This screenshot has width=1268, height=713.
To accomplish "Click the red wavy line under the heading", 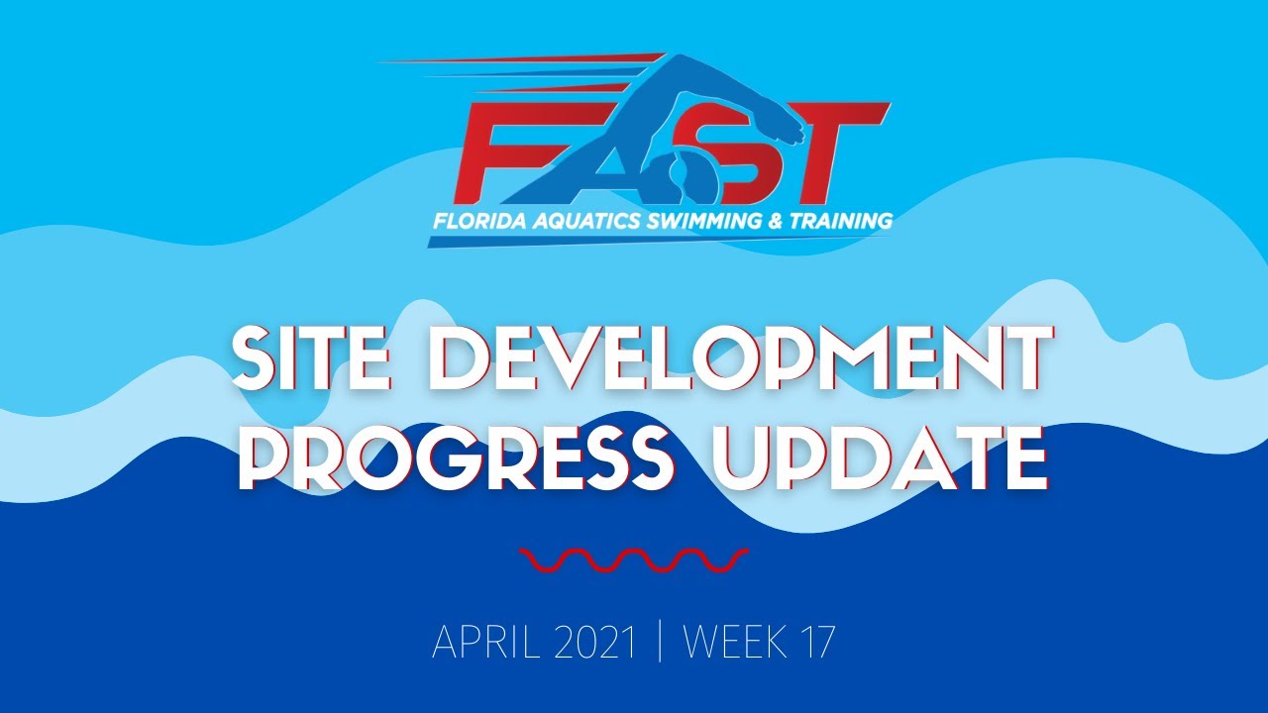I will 634,560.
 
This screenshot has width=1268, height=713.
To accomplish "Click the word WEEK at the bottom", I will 738,644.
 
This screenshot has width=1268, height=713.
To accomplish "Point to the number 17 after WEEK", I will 817,644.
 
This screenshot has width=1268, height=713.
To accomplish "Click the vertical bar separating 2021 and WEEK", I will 661,644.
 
